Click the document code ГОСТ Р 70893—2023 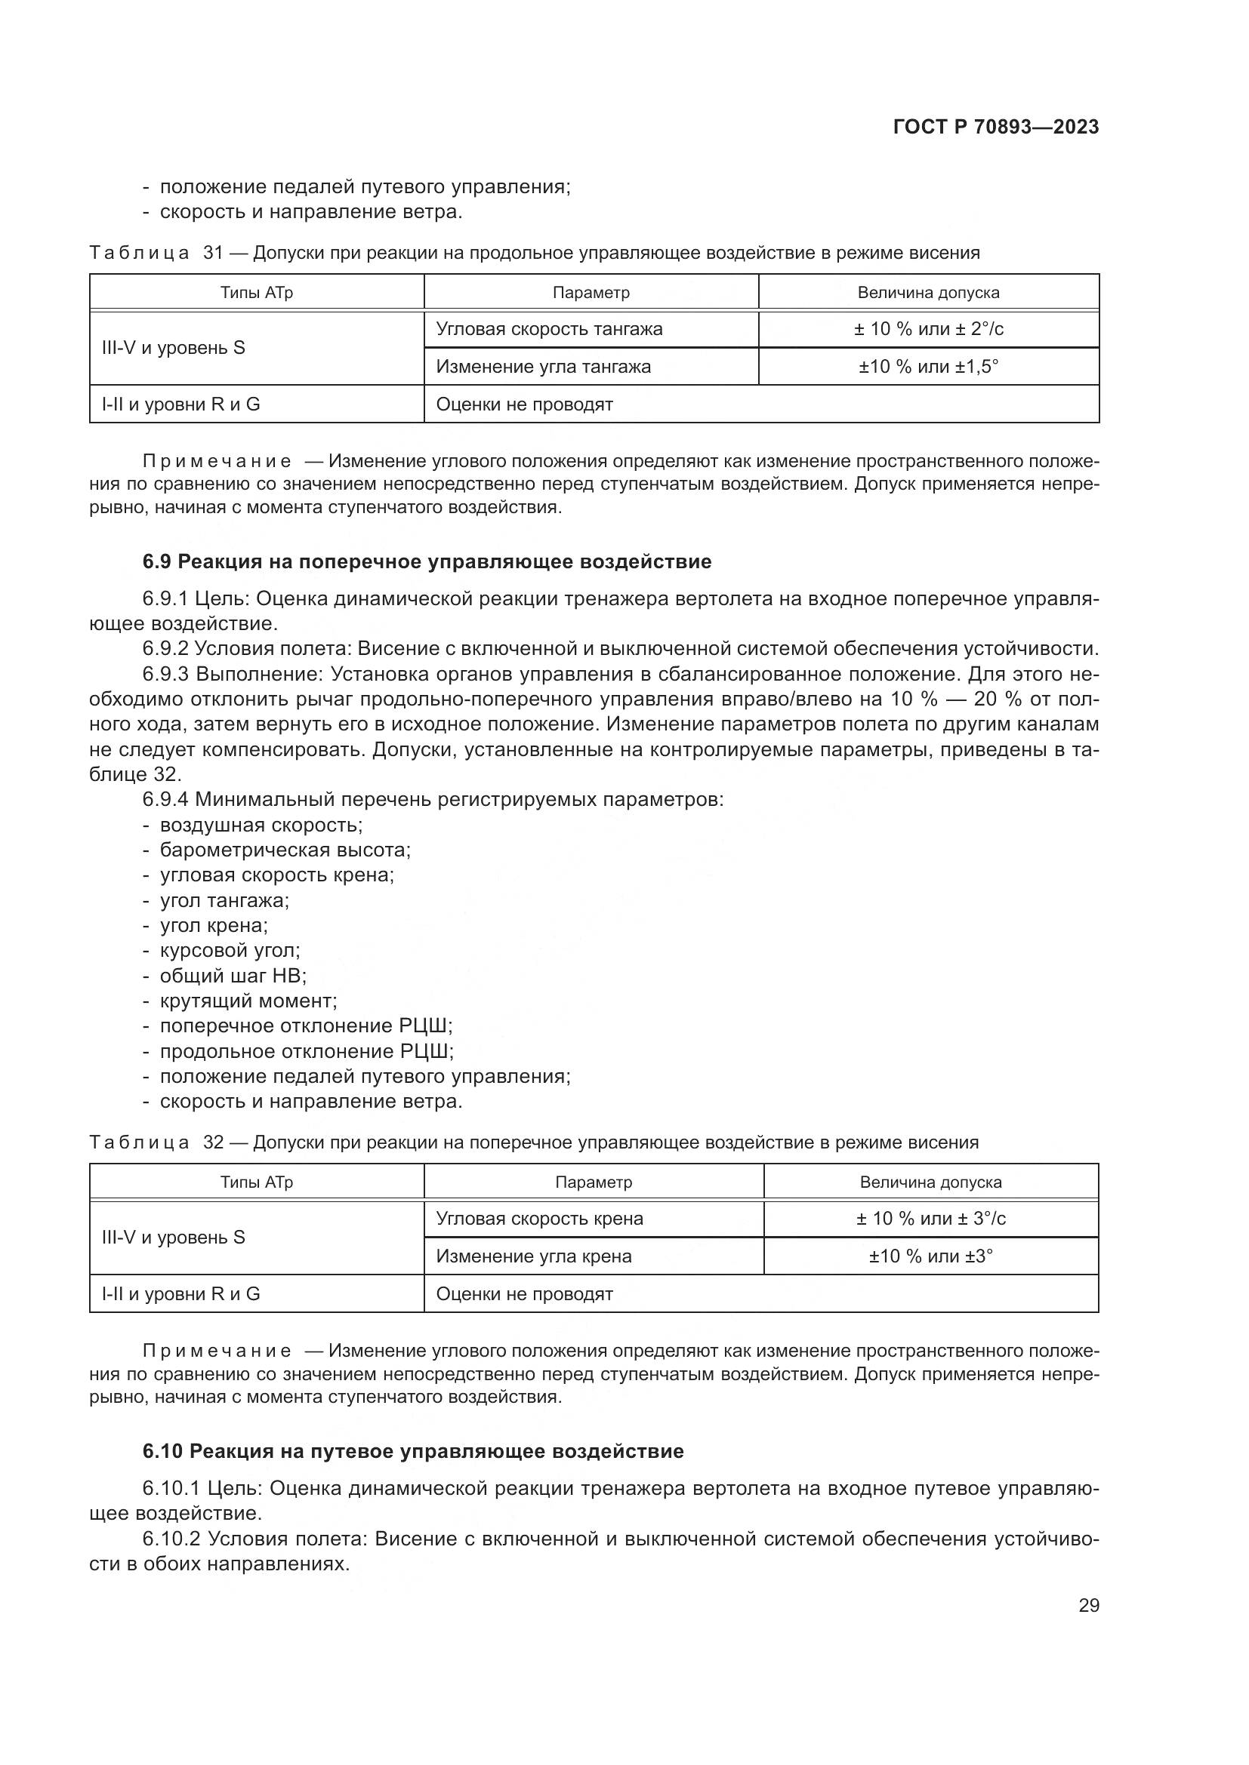(x=996, y=127)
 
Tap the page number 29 (x=1088, y=1605)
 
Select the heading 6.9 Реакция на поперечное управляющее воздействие (x=427, y=562)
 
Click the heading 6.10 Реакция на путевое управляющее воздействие (x=413, y=1451)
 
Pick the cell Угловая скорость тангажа (x=549, y=329)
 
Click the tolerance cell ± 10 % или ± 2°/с (x=928, y=329)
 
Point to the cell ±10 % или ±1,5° (x=928, y=367)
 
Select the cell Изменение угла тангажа (x=543, y=367)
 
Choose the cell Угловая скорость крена (x=539, y=1219)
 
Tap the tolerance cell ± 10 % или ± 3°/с (x=930, y=1219)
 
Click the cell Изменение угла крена (x=534, y=1256)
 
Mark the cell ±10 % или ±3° (x=930, y=1256)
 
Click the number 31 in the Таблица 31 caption (x=213, y=253)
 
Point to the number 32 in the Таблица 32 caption (x=213, y=1142)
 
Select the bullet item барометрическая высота (x=285, y=850)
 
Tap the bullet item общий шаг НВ (x=233, y=976)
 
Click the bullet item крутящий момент (x=248, y=1001)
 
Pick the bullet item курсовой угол (x=230, y=951)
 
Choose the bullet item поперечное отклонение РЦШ (x=306, y=1026)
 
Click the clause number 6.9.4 (x=165, y=799)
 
